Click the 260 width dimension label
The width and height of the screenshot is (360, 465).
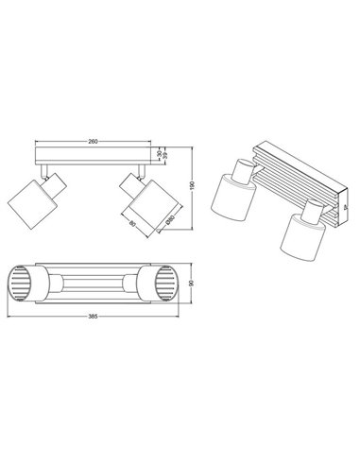[x=92, y=141]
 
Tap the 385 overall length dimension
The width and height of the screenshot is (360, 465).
[x=94, y=316]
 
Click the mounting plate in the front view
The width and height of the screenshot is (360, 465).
[x=92, y=154]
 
